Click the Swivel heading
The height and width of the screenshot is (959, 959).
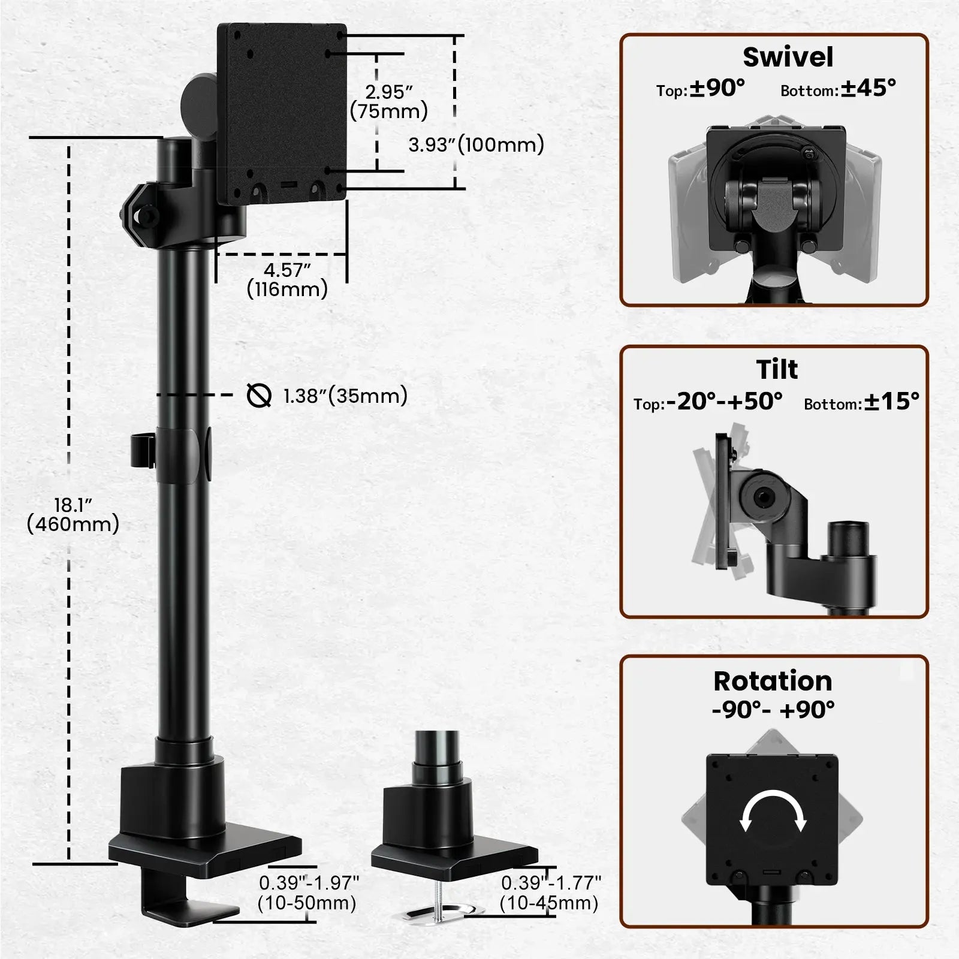tap(788, 58)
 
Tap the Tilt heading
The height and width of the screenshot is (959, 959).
tap(777, 369)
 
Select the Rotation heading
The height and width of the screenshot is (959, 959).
tap(773, 681)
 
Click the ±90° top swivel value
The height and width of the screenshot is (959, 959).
tap(717, 88)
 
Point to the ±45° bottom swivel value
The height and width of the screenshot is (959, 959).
tap(868, 88)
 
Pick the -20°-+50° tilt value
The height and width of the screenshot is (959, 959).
tap(724, 401)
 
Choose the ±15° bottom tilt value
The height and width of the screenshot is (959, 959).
tap(891, 401)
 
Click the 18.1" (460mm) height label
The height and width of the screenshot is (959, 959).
tap(73, 514)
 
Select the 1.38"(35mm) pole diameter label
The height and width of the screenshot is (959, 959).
tap(345, 396)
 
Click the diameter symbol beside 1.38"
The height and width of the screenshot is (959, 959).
tap(259, 396)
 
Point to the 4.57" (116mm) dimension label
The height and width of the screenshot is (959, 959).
tap(287, 279)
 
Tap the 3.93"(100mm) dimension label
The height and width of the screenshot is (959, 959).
tap(476, 144)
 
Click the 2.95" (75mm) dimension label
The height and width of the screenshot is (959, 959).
tap(389, 102)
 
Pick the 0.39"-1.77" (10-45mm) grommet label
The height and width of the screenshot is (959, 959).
tap(550, 892)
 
